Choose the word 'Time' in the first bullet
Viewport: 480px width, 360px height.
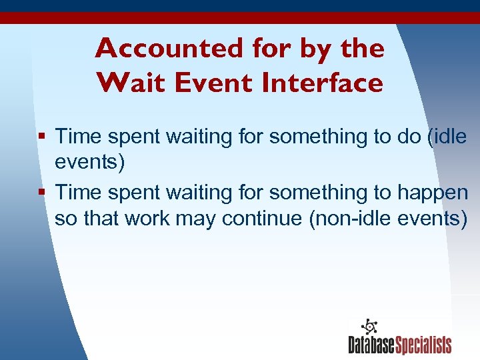click(x=80, y=137)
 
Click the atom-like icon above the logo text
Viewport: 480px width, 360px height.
click(x=369, y=327)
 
